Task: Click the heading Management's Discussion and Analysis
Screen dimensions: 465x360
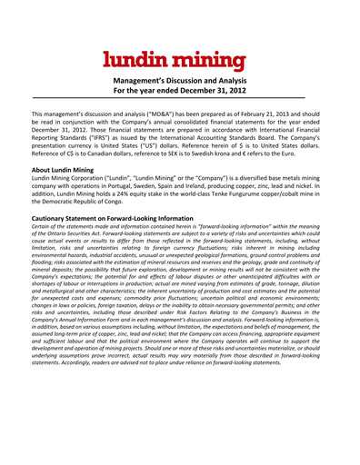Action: (179, 81)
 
